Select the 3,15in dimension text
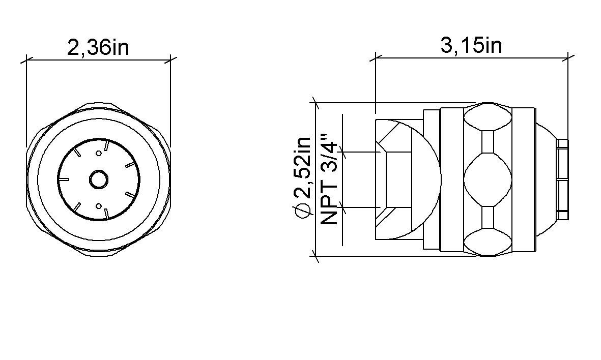471,45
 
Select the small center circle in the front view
99,179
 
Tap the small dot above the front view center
99,153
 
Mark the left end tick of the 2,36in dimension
26,59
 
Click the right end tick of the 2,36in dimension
171,59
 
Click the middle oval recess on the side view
488,179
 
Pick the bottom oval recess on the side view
488,242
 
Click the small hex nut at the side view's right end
562,179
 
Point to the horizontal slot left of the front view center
64,179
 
